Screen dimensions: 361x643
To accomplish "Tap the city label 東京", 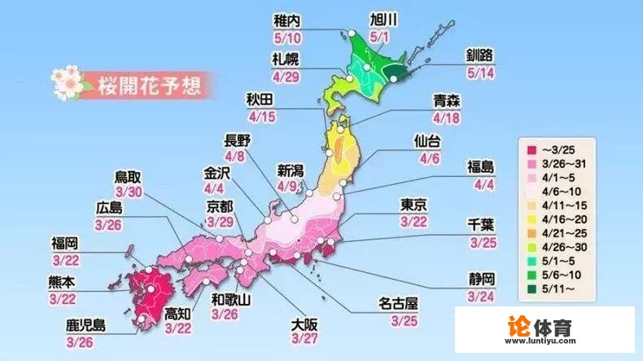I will pos(414,204).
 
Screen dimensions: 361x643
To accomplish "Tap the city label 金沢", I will pos(220,174).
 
